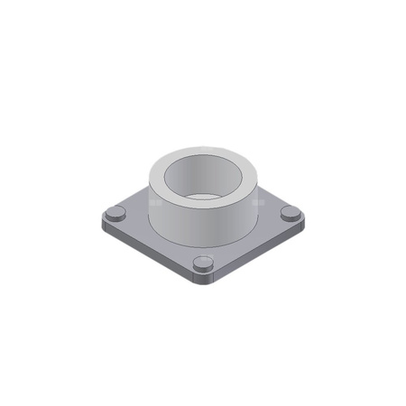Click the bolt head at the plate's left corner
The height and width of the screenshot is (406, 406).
pyautogui.click(x=115, y=214)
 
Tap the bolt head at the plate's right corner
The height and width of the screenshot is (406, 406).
pyautogui.click(x=291, y=213)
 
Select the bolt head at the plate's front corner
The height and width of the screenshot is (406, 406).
pyautogui.click(x=204, y=263)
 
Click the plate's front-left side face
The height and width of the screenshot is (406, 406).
pyautogui.click(x=144, y=253)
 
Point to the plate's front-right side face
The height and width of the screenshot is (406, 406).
pyautogui.click(x=262, y=252)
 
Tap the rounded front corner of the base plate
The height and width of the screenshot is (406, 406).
pyautogui.click(x=204, y=280)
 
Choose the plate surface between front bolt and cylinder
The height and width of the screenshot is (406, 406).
pyautogui.click(x=203, y=251)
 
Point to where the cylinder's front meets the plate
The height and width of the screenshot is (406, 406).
pyautogui.click(x=202, y=242)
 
